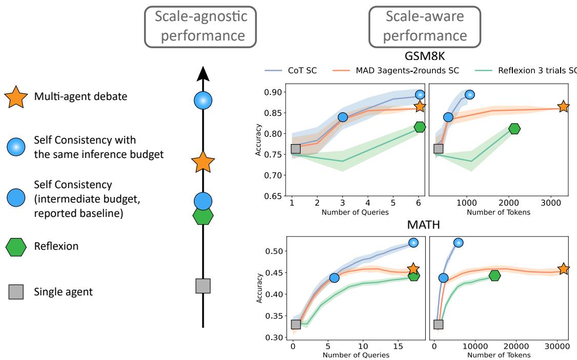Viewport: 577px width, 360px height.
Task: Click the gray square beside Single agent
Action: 16,292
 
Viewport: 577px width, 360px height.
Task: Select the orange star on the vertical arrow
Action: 203,163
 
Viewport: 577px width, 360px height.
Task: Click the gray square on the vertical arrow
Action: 203,286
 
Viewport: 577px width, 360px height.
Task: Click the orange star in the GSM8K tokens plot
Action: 563,107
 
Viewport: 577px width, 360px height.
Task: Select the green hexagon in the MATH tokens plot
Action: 494,275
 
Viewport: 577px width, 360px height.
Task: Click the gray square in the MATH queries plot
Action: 295,324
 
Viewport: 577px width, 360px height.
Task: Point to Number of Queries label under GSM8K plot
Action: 354,211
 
